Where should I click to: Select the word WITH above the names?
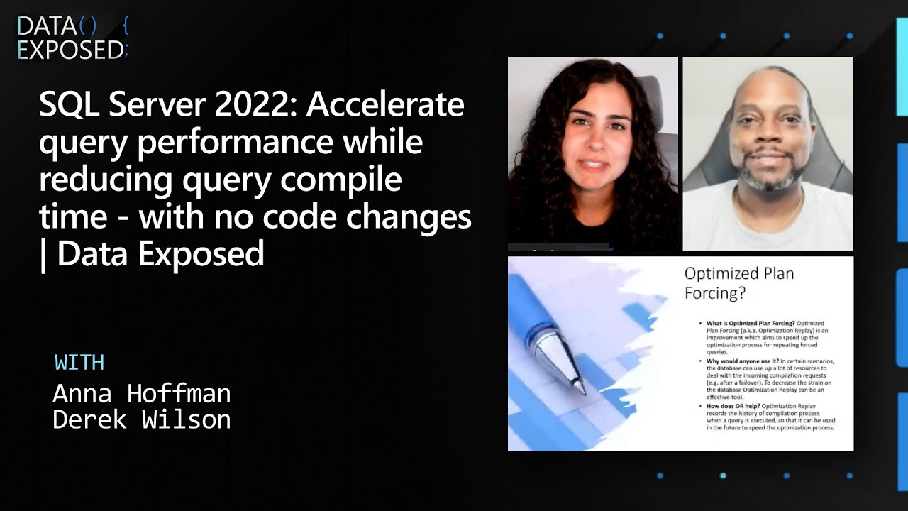pyautogui.click(x=79, y=363)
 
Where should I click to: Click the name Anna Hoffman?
pyautogui.click(x=142, y=393)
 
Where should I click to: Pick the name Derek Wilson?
pyautogui.click(x=142, y=419)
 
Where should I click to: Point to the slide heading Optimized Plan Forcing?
pyautogui.click(x=738, y=282)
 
